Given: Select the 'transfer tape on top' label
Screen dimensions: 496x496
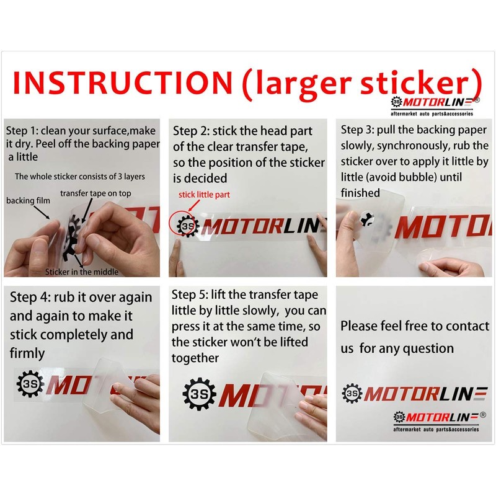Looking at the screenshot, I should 95,193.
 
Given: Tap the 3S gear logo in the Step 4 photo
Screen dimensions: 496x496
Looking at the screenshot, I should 30,385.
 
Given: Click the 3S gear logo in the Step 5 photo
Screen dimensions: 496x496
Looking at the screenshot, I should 199,393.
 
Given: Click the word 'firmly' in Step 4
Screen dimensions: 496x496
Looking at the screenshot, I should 27,353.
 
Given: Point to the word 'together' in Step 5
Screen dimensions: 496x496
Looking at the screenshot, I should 195,358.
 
